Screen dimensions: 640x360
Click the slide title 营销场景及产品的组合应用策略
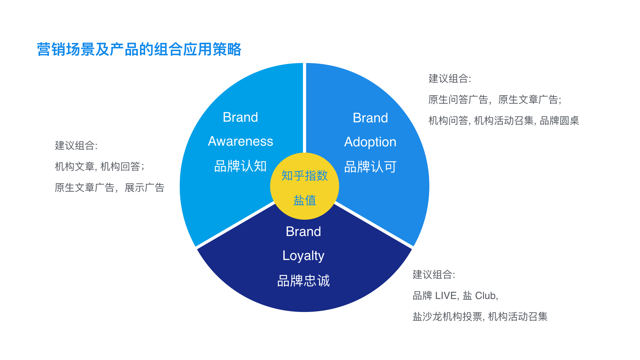click(139, 49)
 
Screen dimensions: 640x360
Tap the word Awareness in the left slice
click(240, 141)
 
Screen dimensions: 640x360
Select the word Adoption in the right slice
click(370, 142)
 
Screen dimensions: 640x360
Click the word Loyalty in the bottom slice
click(303, 256)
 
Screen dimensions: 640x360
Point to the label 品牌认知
click(240, 166)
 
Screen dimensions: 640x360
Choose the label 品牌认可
click(370, 167)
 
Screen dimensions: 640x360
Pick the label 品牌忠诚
click(303, 281)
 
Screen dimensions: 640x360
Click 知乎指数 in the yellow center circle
click(305, 176)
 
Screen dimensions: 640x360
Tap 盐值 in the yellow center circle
click(305, 200)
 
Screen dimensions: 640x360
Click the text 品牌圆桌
click(559, 120)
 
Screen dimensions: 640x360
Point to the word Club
click(486, 296)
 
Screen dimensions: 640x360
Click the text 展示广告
click(145, 188)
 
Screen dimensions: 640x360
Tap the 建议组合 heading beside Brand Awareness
click(75, 146)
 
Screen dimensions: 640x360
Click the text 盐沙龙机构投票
click(447, 317)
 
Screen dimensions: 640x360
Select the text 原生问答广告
click(458, 100)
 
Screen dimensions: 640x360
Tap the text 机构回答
click(120, 166)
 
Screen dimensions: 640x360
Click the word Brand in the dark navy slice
click(303, 232)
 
